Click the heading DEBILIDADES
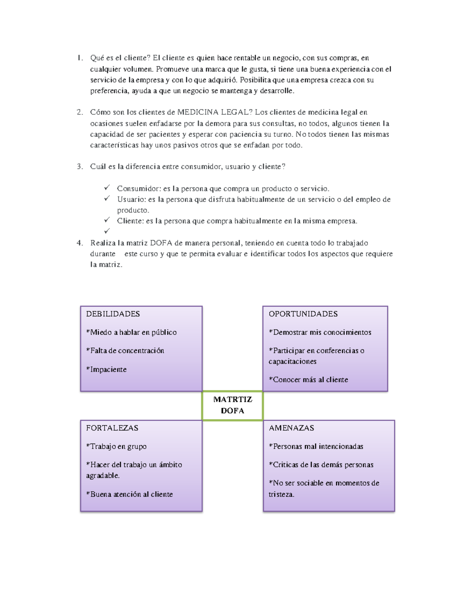click(x=113, y=314)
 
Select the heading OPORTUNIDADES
click(x=303, y=314)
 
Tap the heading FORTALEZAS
click(x=112, y=428)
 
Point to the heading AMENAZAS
click(x=291, y=428)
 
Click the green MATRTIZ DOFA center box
click(x=232, y=405)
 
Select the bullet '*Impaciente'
click(x=106, y=369)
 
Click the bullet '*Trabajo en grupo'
click(x=116, y=446)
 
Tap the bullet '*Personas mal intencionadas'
click(x=316, y=446)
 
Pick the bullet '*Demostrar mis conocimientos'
click(x=320, y=332)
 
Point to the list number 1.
click(x=79, y=58)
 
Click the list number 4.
click(x=79, y=243)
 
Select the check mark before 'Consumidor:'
click(x=107, y=188)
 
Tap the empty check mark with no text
click(x=107, y=231)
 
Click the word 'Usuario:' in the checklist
click(x=131, y=199)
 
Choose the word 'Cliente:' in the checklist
click(x=130, y=221)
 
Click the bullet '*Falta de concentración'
click(x=125, y=350)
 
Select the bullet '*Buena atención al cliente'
click(x=129, y=494)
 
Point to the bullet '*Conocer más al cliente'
click(x=308, y=379)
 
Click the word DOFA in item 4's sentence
click(x=161, y=243)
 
